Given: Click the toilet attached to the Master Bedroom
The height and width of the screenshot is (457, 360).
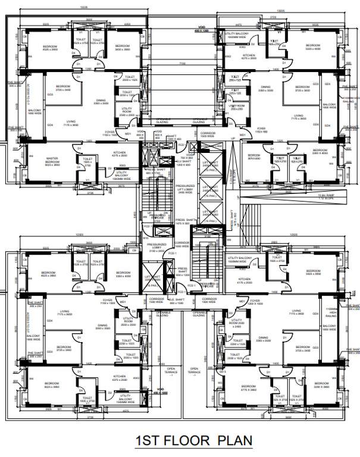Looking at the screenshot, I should coord(87,161).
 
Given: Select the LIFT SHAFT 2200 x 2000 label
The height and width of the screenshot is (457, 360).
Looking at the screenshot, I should coord(153,278).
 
